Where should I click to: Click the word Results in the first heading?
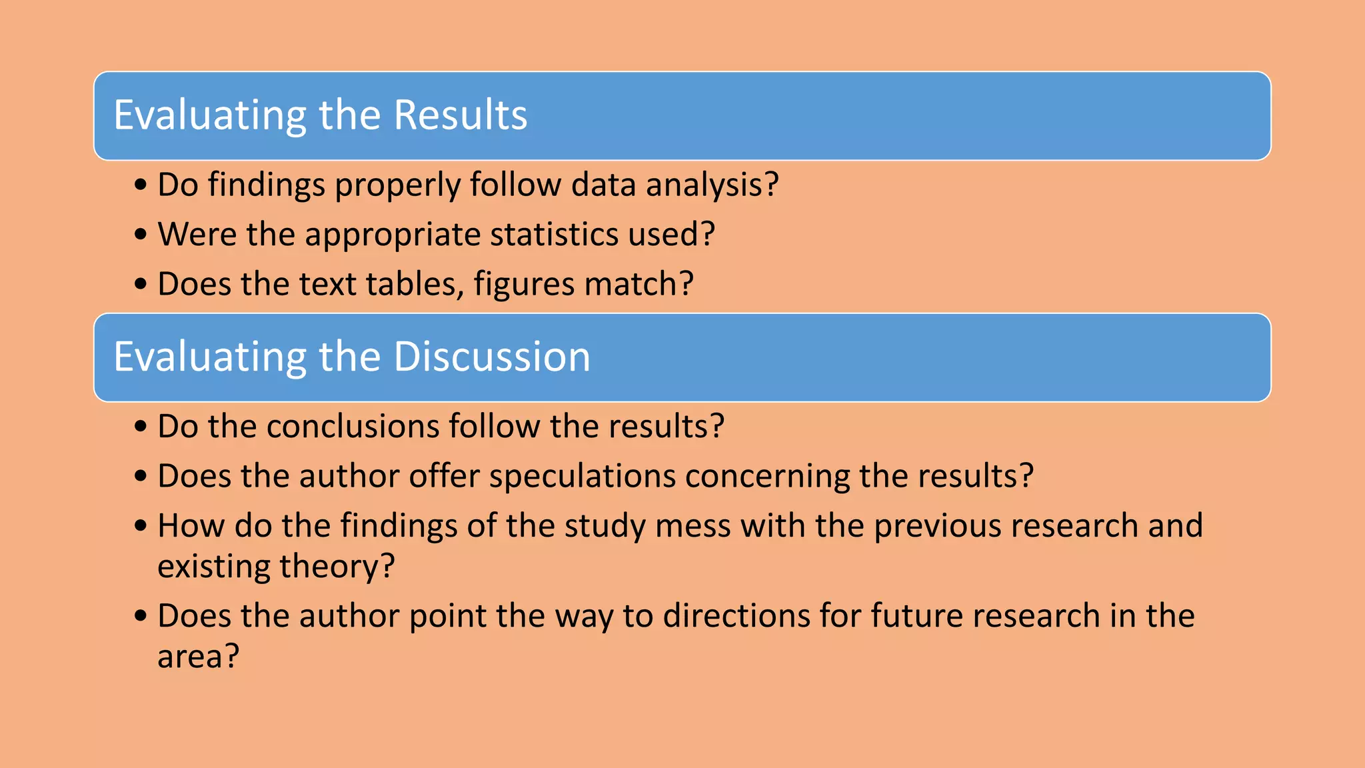click(460, 115)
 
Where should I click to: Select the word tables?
click(415, 284)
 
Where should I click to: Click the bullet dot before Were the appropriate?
click(140, 235)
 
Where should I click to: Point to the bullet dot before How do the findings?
click(140, 526)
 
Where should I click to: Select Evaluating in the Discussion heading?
click(210, 357)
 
